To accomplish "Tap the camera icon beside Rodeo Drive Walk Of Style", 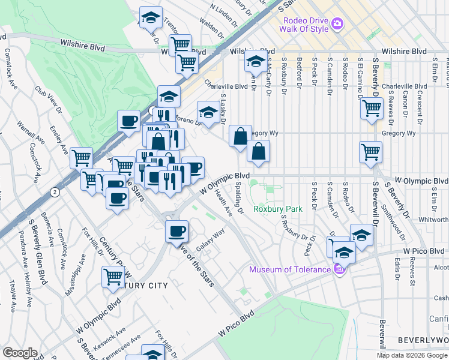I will tap(337, 24).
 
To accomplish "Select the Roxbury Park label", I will tap(277, 209).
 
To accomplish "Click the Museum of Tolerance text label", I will tap(291, 269).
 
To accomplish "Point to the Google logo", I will tap(19, 353).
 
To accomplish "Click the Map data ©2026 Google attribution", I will tap(412, 355).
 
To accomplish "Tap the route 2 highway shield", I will tap(55, 192).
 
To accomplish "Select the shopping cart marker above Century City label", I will tap(112, 277).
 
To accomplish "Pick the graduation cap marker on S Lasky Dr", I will tap(208, 111).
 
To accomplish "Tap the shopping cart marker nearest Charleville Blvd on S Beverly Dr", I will tap(372, 108).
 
